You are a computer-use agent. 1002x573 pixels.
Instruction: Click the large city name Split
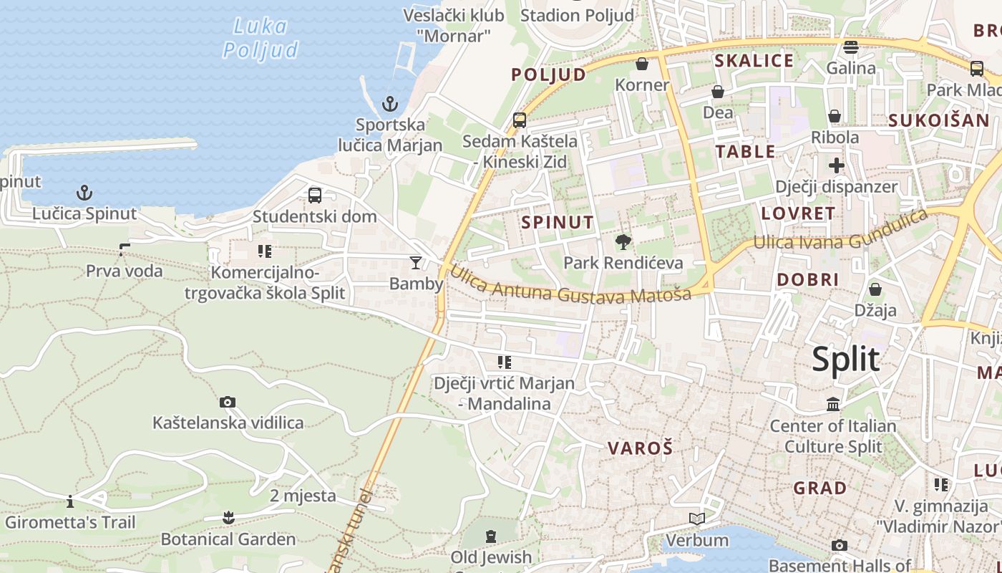tap(845, 359)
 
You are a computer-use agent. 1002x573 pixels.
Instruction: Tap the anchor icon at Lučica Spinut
tap(84, 193)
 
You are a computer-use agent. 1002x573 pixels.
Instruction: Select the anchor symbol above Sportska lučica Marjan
tap(389, 104)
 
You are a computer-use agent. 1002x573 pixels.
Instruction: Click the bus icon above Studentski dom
tap(314, 195)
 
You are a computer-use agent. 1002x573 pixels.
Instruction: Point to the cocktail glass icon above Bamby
tap(416, 263)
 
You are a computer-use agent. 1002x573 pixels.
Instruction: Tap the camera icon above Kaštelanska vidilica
tap(228, 403)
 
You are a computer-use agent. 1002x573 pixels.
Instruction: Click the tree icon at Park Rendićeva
tap(623, 242)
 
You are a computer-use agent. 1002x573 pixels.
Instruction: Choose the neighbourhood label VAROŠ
tap(641, 448)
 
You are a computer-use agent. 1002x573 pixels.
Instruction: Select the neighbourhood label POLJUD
tap(548, 74)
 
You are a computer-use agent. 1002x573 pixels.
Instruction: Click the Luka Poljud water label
tap(261, 38)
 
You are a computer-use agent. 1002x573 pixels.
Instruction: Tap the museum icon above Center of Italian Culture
tap(833, 405)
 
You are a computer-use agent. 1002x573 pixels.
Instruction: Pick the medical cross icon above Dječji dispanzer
tap(836, 166)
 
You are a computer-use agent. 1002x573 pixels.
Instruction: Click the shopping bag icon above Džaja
tap(875, 289)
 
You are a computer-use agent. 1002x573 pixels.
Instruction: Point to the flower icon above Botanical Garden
tap(228, 517)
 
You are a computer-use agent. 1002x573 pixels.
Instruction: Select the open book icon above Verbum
tap(696, 519)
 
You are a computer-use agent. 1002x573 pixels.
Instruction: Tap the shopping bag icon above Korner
tap(642, 64)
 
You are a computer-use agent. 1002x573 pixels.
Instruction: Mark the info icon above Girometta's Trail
tap(70, 501)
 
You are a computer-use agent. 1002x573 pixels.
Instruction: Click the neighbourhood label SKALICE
tap(754, 61)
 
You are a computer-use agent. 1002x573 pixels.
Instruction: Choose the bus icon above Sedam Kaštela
tap(520, 120)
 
